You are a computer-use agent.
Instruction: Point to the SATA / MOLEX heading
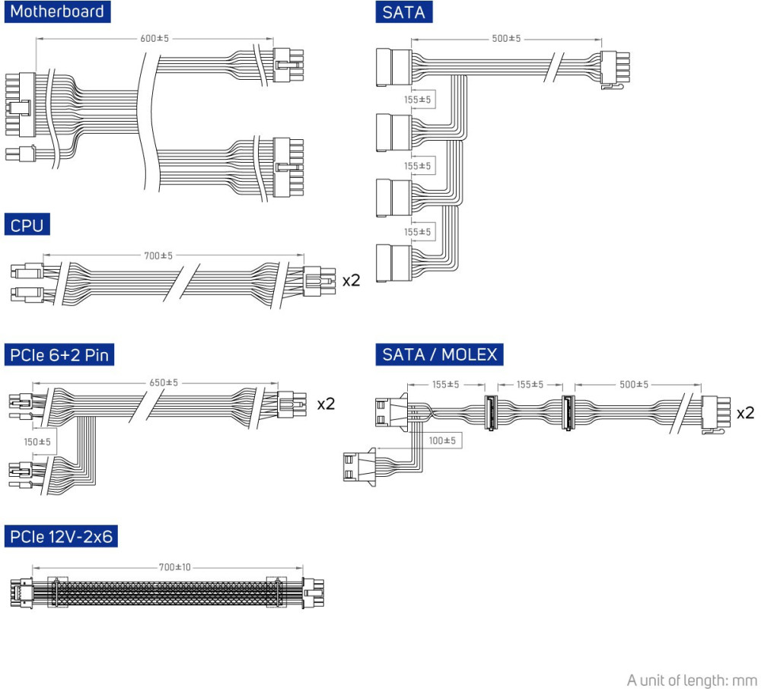point(439,354)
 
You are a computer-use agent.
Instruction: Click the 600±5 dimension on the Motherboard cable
point(155,39)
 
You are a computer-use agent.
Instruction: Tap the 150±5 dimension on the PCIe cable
point(37,442)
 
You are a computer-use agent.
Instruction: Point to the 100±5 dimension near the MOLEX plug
point(441,440)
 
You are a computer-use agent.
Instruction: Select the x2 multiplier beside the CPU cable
point(351,281)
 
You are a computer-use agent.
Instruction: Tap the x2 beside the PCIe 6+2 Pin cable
point(326,404)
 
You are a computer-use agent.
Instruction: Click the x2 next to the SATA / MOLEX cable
point(745,413)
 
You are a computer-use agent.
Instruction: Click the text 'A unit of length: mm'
point(692,679)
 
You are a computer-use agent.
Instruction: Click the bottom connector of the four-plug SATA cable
point(393,262)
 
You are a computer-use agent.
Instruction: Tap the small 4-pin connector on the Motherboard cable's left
point(22,154)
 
